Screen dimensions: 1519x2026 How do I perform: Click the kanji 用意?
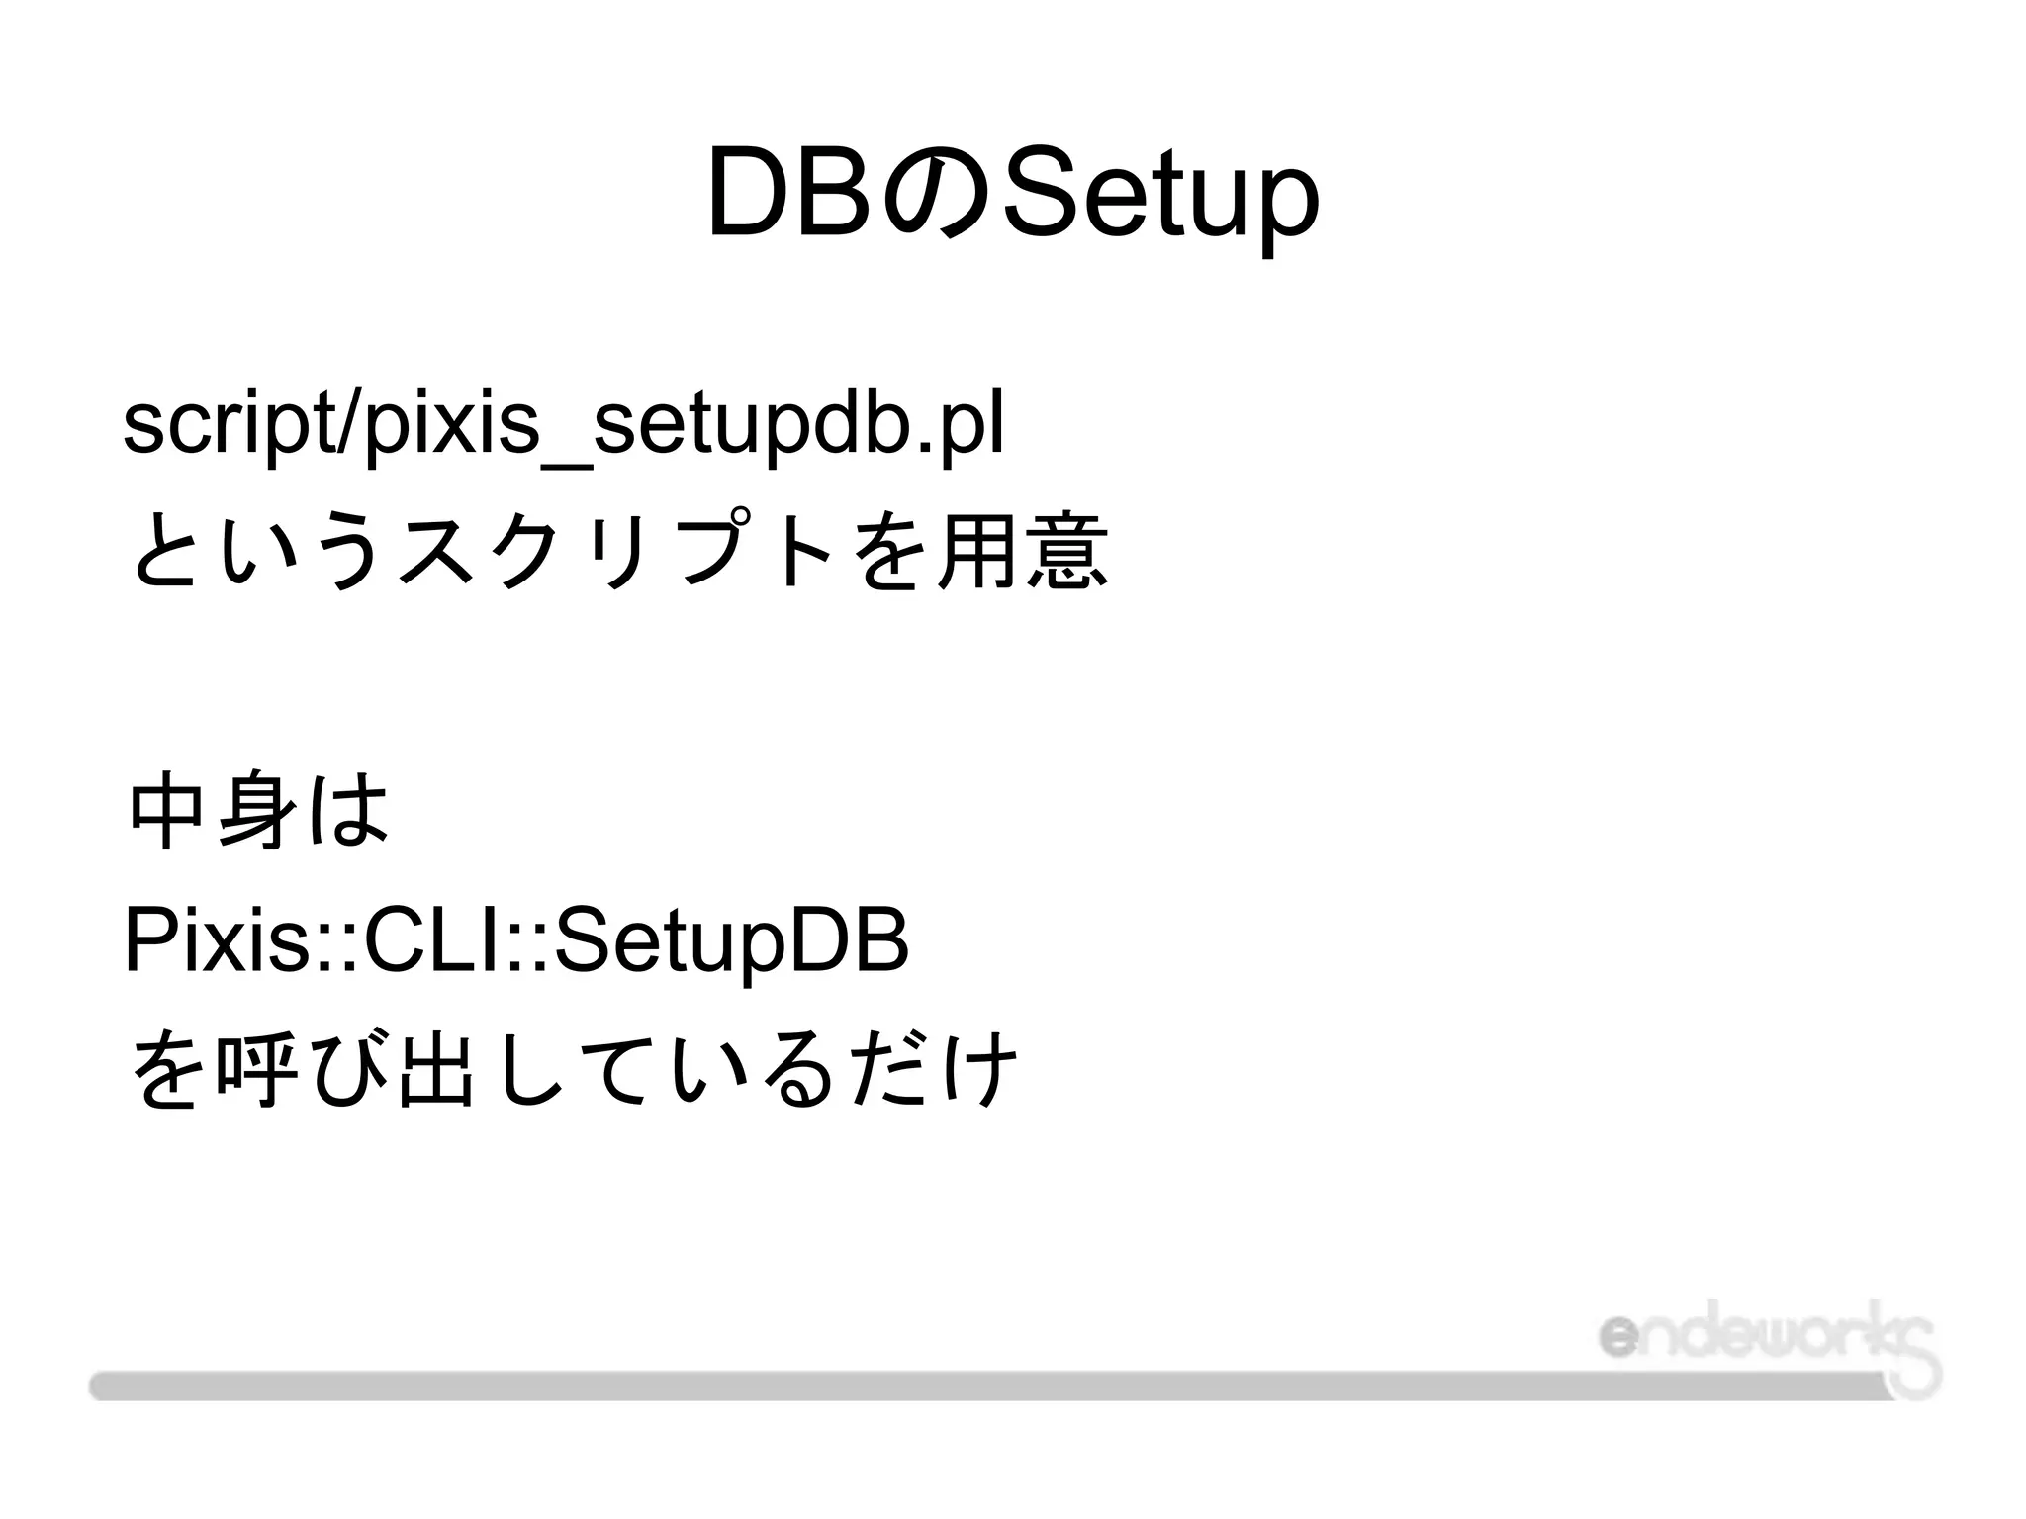click(1023, 554)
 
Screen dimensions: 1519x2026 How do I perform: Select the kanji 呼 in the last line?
click(257, 1070)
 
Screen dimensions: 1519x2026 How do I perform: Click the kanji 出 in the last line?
click(432, 1070)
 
